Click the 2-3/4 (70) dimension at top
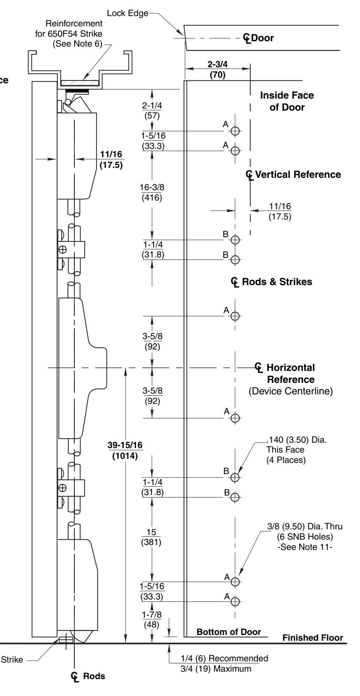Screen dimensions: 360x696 click(x=217, y=69)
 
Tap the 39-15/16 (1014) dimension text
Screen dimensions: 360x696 click(x=125, y=450)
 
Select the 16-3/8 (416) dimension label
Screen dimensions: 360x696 click(x=152, y=192)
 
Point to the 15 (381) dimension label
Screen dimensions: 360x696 click(x=151, y=537)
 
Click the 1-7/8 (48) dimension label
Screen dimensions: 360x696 click(x=152, y=620)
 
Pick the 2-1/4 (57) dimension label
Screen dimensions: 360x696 click(x=152, y=110)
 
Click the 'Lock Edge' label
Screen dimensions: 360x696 click(x=128, y=13)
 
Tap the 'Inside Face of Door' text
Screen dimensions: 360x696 click(x=287, y=101)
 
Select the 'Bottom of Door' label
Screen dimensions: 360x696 click(x=229, y=632)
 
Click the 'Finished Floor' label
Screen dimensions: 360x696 click(x=313, y=637)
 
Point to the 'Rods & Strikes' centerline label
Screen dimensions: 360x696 click(x=271, y=282)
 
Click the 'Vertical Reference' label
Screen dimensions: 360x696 click(x=294, y=175)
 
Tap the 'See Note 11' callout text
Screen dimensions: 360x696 click(x=305, y=547)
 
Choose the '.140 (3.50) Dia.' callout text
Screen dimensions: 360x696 click(x=296, y=440)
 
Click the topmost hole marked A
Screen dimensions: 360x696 click(x=235, y=131)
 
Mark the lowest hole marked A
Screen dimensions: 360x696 click(x=235, y=602)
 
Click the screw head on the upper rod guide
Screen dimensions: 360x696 click(x=62, y=250)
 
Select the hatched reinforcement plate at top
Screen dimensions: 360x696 click(x=80, y=83)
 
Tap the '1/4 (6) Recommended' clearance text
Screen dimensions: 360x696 click(x=225, y=658)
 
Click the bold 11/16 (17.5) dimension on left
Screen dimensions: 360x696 click(x=111, y=159)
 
